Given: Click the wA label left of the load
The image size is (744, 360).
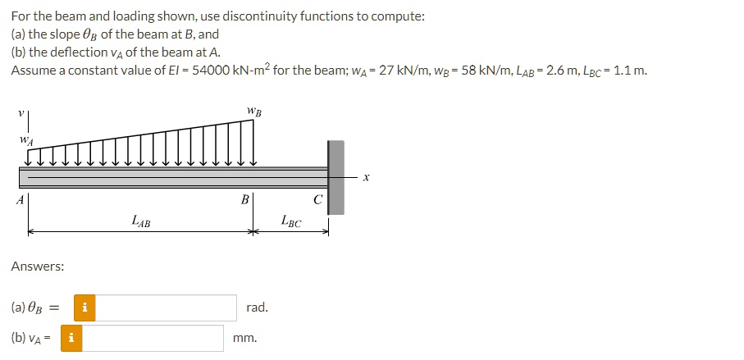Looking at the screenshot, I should click(26, 140).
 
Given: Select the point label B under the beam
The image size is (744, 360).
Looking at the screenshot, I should click(244, 199).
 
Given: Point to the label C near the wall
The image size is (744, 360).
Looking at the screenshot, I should click(318, 199).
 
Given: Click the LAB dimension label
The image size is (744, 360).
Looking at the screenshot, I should click(141, 221).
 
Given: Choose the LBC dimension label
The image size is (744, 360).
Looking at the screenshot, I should click(291, 221).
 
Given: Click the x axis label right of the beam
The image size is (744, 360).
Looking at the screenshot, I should click(367, 175).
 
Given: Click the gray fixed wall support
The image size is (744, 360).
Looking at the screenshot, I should click(336, 177).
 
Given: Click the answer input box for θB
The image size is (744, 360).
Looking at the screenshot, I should click(167, 308).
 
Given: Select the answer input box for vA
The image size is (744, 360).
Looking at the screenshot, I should click(153, 338).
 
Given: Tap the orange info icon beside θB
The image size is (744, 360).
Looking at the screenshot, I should click(86, 308).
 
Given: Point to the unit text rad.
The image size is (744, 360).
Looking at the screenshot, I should click(257, 308).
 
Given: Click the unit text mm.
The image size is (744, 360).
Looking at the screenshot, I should click(245, 338).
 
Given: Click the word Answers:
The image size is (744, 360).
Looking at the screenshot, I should click(38, 267).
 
